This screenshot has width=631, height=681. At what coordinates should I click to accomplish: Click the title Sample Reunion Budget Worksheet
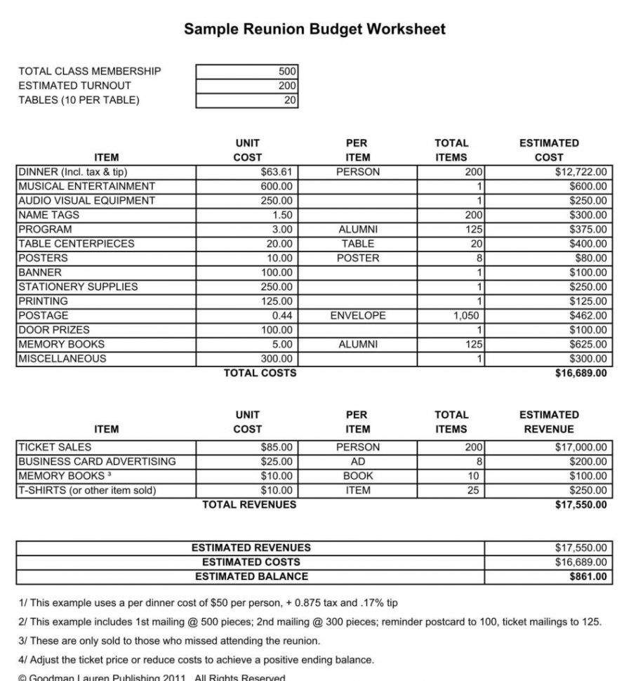pyautogui.click(x=314, y=29)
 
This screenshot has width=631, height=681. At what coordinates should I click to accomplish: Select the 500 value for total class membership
pyautogui.click(x=288, y=71)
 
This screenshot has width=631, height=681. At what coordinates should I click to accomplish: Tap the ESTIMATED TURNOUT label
pyautogui.click(x=74, y=85)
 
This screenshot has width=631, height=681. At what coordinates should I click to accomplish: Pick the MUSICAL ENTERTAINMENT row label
pyautogui.click(x=86, y=186)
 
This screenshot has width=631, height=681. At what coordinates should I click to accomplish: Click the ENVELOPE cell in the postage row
pyautogui.click(x=357, y=315)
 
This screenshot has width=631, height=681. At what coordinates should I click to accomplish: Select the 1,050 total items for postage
pyautogui.click(x=466, y=315)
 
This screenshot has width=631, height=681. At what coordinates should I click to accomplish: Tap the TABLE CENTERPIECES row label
pyautogui.click(x=76, y=244)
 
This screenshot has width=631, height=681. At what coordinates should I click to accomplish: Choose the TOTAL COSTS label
pyautogui.click(x=260, y=373)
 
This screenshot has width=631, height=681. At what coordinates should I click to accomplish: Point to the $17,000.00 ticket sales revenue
pyautogui.click(x=581, y=447)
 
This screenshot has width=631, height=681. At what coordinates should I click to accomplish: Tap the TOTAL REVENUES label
pyautogui.click(x=249, y=505)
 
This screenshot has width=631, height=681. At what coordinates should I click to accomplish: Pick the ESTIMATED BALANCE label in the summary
pyautogui.click(x=251, y=576)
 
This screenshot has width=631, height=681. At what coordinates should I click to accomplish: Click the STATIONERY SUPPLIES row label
pyautogui.click(x=77, y=286)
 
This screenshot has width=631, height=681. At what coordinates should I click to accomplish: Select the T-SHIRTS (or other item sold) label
pyautogui.click(x=86, y=490)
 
